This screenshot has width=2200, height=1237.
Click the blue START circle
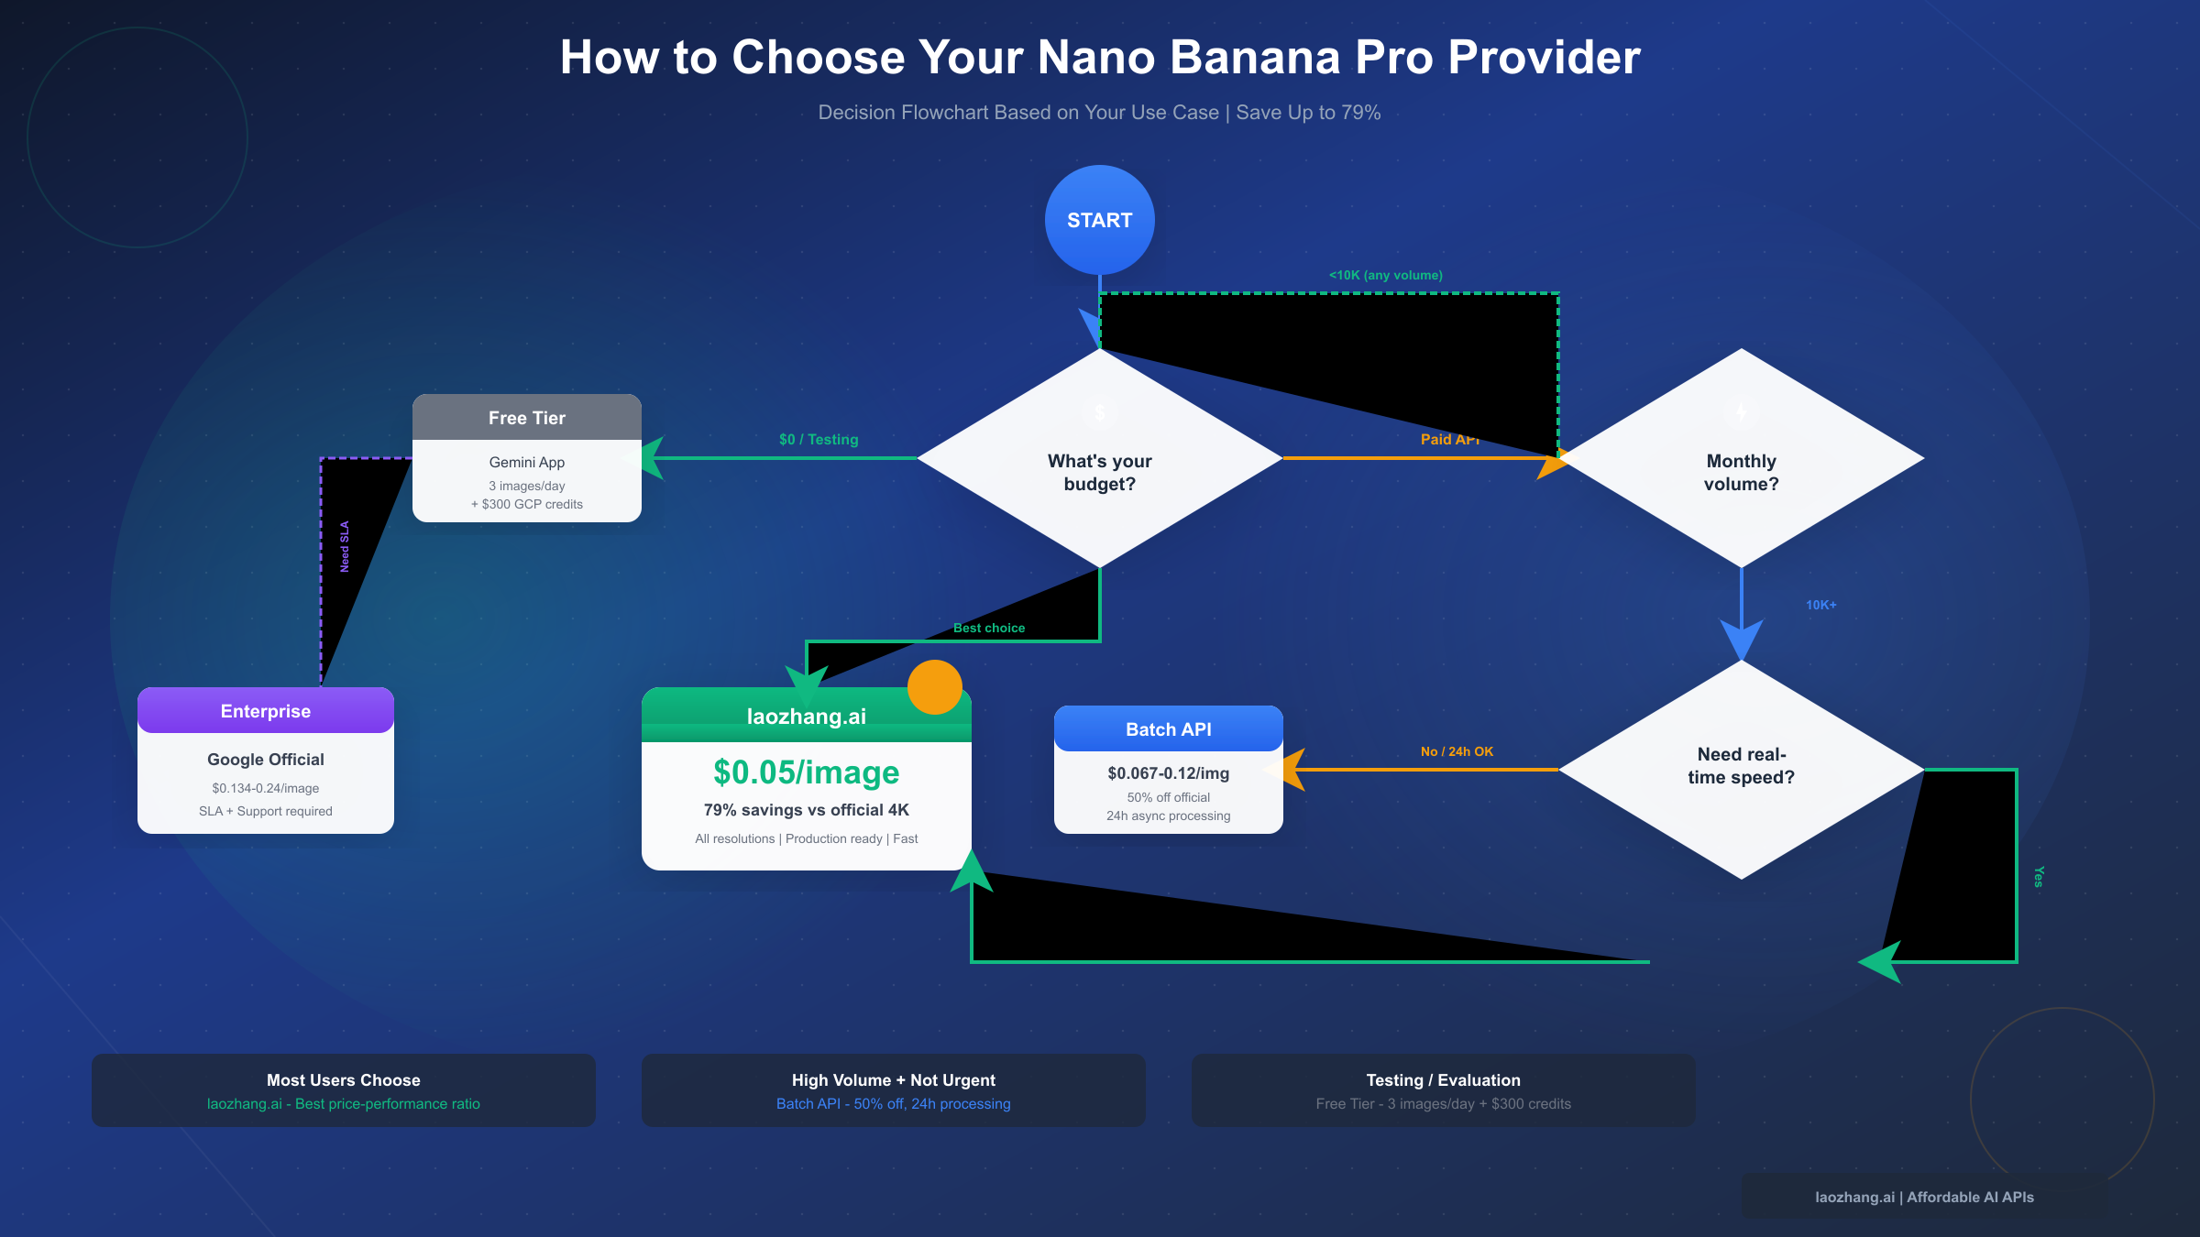pyautogui.click(x=1099, y=220)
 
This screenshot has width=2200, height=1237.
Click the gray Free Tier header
pyautogui.click(x=526, y=418)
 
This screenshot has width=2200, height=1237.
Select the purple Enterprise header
pyautogui.click(x=266, y=711)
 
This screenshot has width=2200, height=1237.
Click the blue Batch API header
pyautogui.click(x=1168, y=729)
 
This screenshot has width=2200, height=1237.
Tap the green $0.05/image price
pyautogui.click(x=806, y=772)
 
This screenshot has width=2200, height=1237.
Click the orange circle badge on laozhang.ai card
pyautogui.click(x=934, y=687)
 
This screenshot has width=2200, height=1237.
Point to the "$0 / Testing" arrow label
pyautogui.click(x=819, y=440)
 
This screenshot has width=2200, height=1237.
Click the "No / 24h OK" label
pyautogui.click(x=1457, y=751)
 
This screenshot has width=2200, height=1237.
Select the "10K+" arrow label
pyautogui.click(x=1820, y=605)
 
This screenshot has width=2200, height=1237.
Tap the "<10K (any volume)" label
pyautogui.click(x=1385, y=275)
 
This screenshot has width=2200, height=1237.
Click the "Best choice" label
pyautogui.click(x=988, y=628)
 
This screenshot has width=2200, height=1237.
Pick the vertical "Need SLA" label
pyautogui.click(x=345, y=546)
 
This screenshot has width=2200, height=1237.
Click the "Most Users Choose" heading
pyautogui.click(x=343, y=1080)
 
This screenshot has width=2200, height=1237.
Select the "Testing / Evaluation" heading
pyautogui.click(x=1443, y=1080)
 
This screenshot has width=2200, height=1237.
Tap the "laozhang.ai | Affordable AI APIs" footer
pyautogui.click(x=1924, y=1197)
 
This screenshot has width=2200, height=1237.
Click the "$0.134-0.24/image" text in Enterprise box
pyautogui.click(x=266, y=788)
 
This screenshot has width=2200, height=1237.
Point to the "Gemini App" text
pyautogui.click(x=526, y=463)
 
